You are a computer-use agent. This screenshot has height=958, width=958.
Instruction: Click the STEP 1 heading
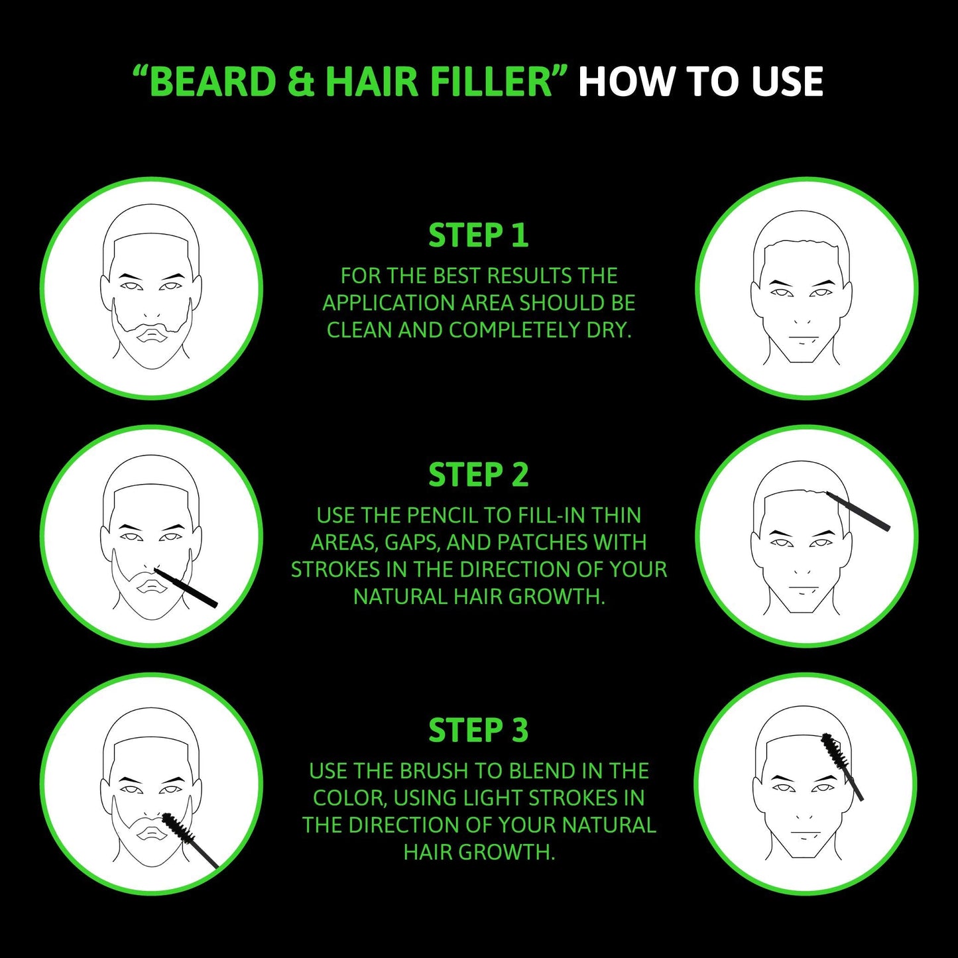point(478,236)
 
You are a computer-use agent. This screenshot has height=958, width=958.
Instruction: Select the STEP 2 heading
point(478,475)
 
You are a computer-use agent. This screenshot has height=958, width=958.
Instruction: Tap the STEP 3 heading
point(478,731)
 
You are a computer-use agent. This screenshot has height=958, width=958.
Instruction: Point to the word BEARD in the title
point(212,82)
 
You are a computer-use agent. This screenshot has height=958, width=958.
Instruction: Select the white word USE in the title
point(786,82)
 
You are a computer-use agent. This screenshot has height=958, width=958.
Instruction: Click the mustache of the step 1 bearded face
point(152,328)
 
